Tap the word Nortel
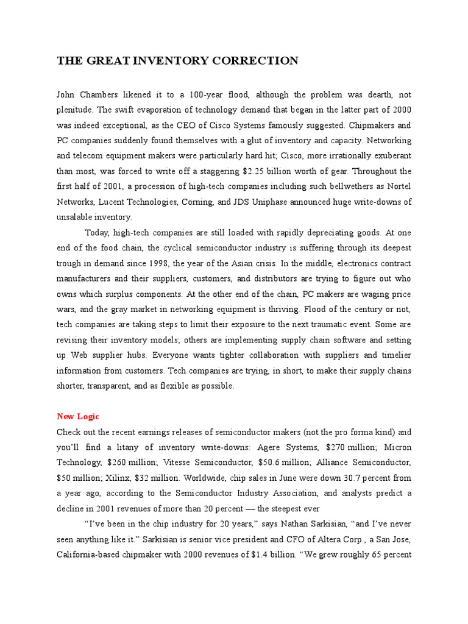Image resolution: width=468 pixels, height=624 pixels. tap(398, 186)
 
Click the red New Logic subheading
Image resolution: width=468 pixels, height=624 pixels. tap(78, 417)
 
